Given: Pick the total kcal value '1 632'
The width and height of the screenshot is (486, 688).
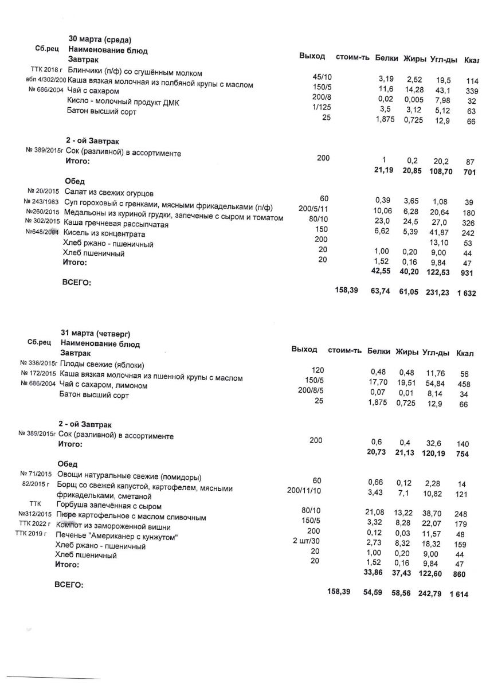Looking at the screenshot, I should [x=467, y=293].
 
